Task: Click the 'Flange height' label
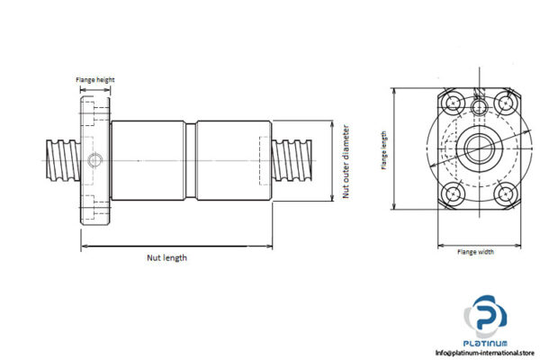pyautogui.click(x=94, y=78)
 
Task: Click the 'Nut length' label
pyautogui.click(x=167, y=258)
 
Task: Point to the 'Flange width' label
pyautogui.click(x=475, y=252)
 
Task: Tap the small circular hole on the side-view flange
pyautogui.click(x=95, y=161)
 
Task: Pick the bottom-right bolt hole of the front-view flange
pyautogui.click(x=505, y=192)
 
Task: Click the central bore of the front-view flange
pyautogui.click(x=476, y=144)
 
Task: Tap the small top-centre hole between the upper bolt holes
pyautogui.click(x=477, y=106)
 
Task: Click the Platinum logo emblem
pyautogui.click(x=486, y=316)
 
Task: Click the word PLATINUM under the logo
pyautogui.click(x=487, y=344)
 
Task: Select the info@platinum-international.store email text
pyautogui.click(x=484, y=352)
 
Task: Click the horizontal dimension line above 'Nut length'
pyautogui.click(x=176, y=245)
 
